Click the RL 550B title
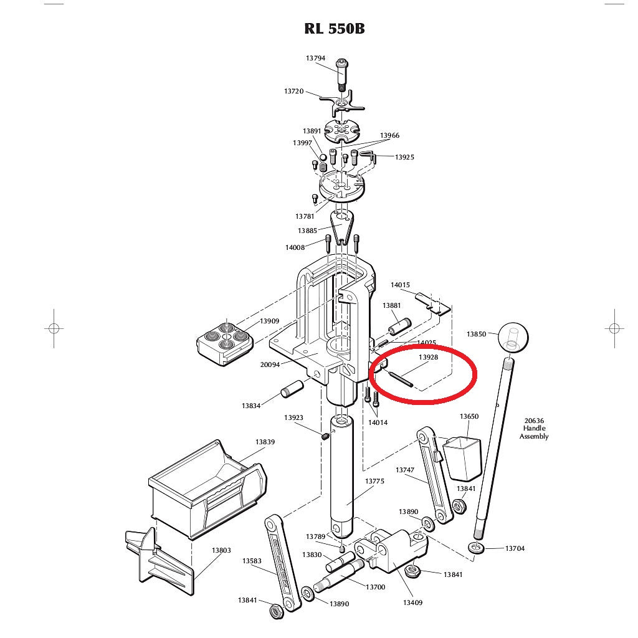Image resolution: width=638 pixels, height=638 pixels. coord(335,29)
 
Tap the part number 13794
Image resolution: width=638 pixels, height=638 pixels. coord(315,58)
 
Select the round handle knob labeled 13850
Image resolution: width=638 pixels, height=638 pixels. coord(513,337)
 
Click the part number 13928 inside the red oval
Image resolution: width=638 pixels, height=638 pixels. coord(428,357)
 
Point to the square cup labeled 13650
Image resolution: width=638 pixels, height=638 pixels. coord(462,458)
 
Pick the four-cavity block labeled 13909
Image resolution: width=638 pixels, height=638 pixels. coord(225,343)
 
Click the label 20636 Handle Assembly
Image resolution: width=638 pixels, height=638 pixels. coord(534,429)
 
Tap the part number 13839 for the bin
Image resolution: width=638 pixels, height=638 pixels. coord(265,442)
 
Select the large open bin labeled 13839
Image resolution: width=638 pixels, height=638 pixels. coord(207,490)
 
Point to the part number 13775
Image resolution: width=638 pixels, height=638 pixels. coord(374,482)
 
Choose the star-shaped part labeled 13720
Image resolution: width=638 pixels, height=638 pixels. coord(341,103)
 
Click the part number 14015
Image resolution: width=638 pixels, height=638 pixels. coord(400,285)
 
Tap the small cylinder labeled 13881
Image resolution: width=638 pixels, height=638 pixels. coord(399,327)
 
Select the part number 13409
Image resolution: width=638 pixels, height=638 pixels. coord(412,602)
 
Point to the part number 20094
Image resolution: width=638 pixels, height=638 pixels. coord(270,365)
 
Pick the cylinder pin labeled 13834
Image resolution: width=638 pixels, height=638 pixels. coord(292,389)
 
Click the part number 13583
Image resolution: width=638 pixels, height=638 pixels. coord(252,561)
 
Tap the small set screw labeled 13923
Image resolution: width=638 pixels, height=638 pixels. coord(325,437)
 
